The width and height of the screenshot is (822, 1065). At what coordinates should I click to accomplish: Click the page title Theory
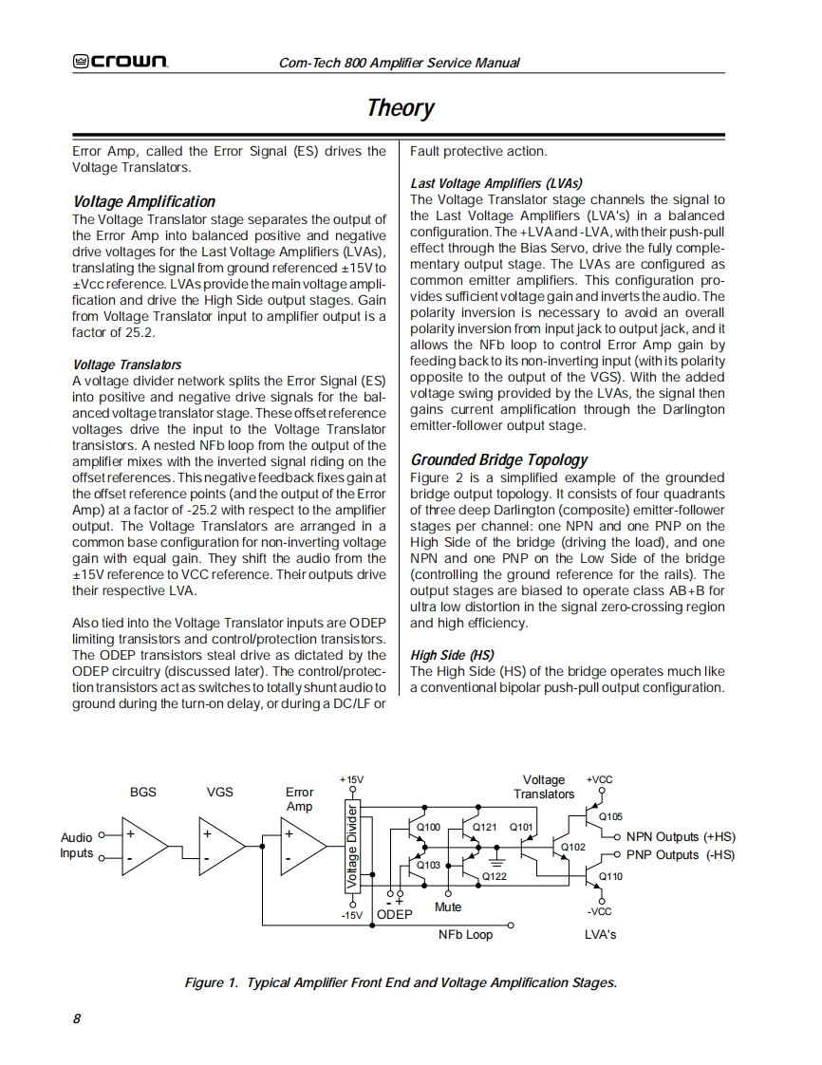click(401, 108)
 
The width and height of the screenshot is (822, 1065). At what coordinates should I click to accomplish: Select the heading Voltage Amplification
click(144, 201)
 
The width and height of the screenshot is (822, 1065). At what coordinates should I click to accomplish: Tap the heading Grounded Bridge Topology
click(499, 459)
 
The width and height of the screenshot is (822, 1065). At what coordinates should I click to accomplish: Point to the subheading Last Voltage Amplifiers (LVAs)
click(496, 183)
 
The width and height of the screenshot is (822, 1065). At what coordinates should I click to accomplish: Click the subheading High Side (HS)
click(452, 655)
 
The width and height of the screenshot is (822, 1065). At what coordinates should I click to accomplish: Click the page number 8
click(77, 1018)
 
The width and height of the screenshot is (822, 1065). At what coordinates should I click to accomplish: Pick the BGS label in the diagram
click(143, 792)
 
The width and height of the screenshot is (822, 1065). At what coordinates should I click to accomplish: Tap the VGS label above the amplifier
click(219, 792)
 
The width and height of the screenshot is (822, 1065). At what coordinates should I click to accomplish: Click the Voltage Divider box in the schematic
click(352, 847)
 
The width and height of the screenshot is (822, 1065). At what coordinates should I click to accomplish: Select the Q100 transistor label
click(429, 828)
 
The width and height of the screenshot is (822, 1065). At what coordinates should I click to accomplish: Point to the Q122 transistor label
click(495, 876)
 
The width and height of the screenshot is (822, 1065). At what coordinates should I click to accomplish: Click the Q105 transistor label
click(610, 815)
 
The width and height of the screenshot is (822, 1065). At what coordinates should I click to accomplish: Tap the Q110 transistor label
click(610, 876)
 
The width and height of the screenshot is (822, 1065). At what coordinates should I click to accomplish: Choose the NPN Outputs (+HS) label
click(681, 837)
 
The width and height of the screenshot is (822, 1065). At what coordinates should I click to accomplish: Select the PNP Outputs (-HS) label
click(681, 854)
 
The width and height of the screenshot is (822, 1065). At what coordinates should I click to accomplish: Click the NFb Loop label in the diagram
click(465, 934)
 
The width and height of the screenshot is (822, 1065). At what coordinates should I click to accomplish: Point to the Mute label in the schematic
click(448, 907)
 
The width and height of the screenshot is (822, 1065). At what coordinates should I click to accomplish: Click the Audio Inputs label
click(77, 845)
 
